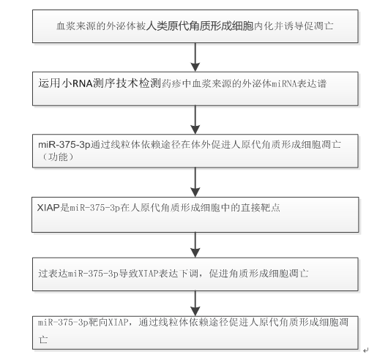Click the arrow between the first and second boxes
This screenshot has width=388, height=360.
(195, 57)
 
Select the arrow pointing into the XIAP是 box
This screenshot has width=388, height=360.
(195, 182)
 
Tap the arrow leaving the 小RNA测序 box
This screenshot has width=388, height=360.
(195, 120)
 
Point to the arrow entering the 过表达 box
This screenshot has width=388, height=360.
(195, 245)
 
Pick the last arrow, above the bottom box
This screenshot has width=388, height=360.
(195, 304)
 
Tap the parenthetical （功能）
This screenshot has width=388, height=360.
(58, 157)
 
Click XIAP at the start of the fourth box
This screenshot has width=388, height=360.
(48, 207)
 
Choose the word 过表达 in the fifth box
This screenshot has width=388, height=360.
(53, 274)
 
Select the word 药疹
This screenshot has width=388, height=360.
(172, 84)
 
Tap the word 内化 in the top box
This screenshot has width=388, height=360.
(264, 26)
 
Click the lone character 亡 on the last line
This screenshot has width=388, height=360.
(43, 340)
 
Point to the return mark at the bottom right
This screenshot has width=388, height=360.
(366, 350)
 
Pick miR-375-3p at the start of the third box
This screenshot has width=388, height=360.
(64, 145)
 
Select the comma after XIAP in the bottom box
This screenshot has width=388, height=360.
(131, 324)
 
